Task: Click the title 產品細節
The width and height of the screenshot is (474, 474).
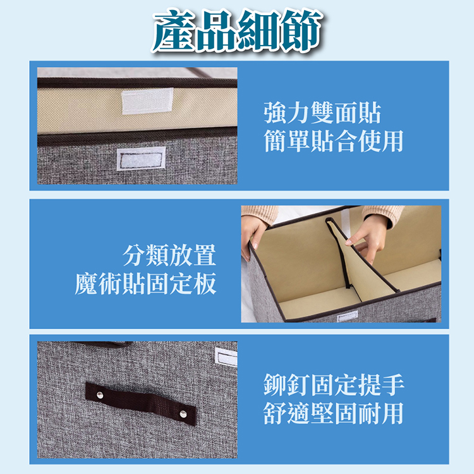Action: coord(237,30)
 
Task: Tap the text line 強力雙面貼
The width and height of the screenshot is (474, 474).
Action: coord(322,113)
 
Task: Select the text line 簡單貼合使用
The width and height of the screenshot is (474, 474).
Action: coord(333,141)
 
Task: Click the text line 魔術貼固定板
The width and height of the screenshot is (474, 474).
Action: coord(146,283)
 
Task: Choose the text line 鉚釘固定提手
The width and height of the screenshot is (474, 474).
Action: coord(333,384)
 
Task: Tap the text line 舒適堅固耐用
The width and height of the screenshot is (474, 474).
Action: coord(333,413)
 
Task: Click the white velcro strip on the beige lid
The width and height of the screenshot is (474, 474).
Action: coord(147,100)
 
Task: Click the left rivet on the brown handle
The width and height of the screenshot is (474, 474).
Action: coord(100,396)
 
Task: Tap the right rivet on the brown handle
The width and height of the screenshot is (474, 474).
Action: coord(183,413)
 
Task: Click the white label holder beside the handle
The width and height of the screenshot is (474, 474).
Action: coord(226,356)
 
